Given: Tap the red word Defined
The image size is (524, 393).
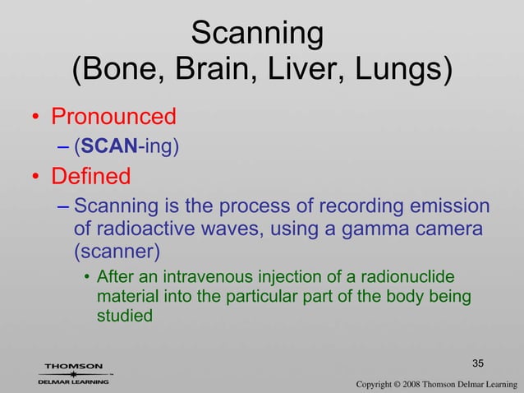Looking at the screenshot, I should [91, 177].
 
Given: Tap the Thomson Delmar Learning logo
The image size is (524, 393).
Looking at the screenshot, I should [73, 373].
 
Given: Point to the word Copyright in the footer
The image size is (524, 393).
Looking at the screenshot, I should [379, 384].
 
